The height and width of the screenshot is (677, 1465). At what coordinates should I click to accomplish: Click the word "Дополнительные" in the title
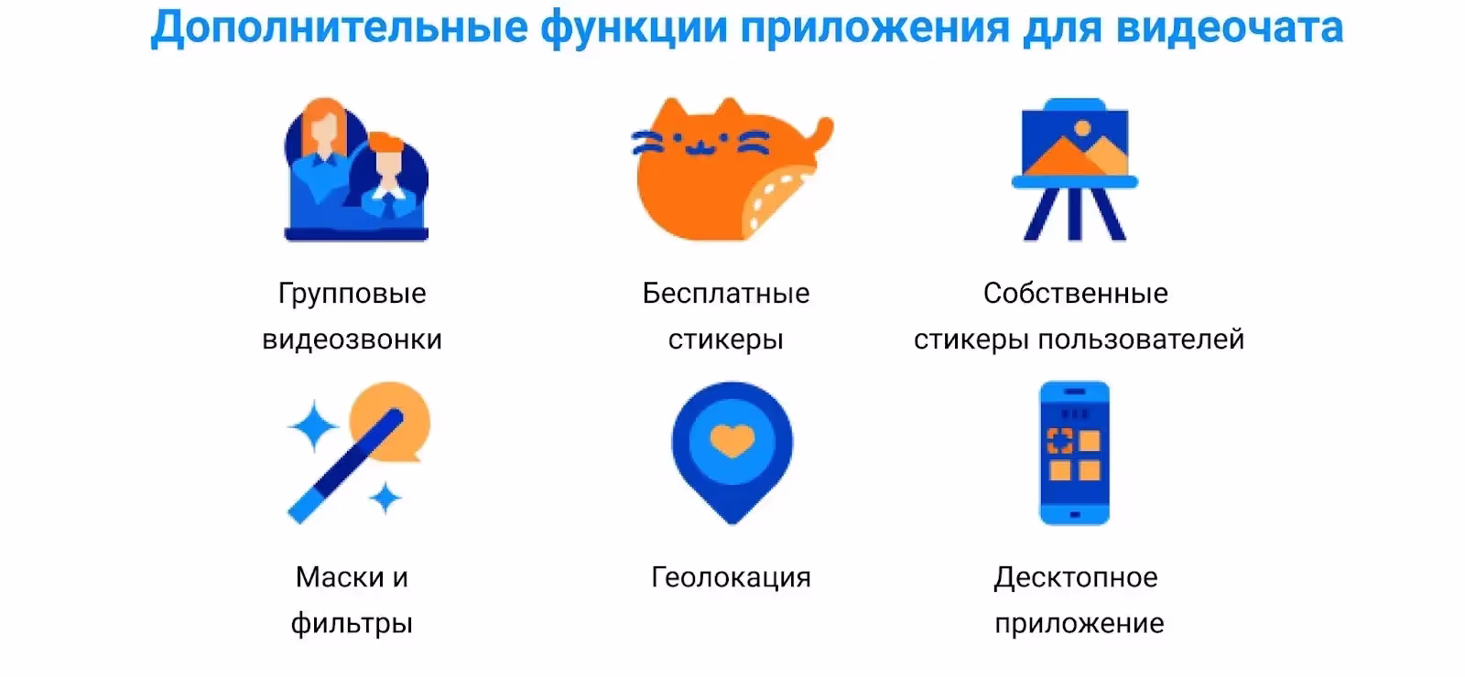pyautogui.click(x=340, y=28)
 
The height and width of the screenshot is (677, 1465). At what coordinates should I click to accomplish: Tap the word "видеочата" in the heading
pyautogui.click(x=1230, y=27)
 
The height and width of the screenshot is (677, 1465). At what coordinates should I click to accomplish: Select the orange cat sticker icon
pyautogui.click(x=732, y=169)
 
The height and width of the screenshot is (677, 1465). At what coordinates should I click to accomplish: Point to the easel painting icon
pyautogui.click(x=1075, y=169)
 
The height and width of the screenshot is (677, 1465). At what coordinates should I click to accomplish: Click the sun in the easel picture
pyautogui.click(x=1082, y=128)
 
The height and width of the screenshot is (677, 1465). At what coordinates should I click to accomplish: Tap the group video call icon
pyautogui.click(x=356, y=169)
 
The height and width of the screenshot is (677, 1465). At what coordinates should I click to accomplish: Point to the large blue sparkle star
pyautogui.click(x=313, y=426)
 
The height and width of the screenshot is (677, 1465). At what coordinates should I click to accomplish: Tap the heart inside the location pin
pyautogui.click(x=732, y=440)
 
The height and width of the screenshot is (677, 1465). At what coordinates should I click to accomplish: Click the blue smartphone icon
pyautogui.click(x=1075, y=453)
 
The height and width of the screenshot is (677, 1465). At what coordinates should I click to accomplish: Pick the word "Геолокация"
pyautogui.click(x=732, y=577)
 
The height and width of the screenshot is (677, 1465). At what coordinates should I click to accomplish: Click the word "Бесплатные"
pyautogui.click(x=726, y=294)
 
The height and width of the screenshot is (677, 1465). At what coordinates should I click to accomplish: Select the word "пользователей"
pyautogui.click(x=1141, y=339)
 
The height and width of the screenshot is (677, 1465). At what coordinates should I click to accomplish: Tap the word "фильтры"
pyautogui.click(x=352, y=624)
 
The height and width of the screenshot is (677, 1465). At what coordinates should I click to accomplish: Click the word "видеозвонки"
pyautogui.click(x=352, y=339)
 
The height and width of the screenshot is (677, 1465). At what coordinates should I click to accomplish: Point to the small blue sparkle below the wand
pyautogui.click(x=385, y=499)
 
